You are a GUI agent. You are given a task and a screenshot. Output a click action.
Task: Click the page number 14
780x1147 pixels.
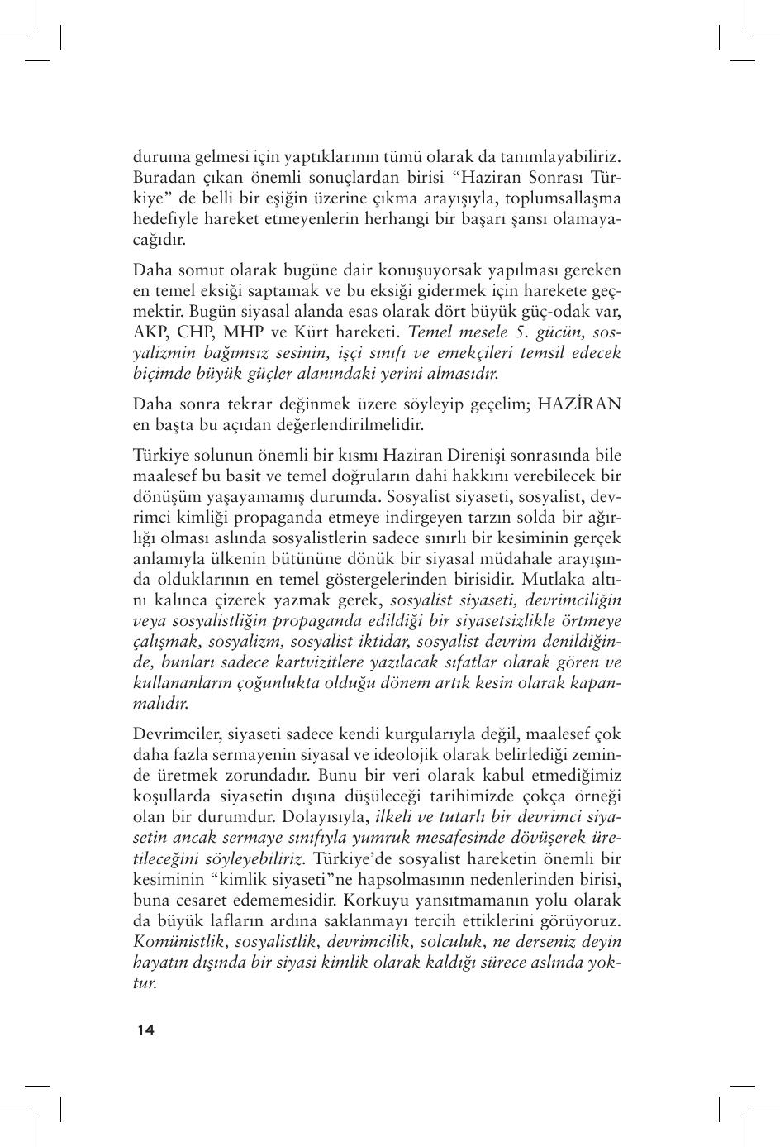pyautogui.click(x=145, y=1030)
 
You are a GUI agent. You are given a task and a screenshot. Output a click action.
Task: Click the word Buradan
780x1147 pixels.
pyautogui.click(x=161, y=178)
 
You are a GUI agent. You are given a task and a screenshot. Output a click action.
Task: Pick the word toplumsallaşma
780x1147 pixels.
pyautogui.click(x=563, y=198)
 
